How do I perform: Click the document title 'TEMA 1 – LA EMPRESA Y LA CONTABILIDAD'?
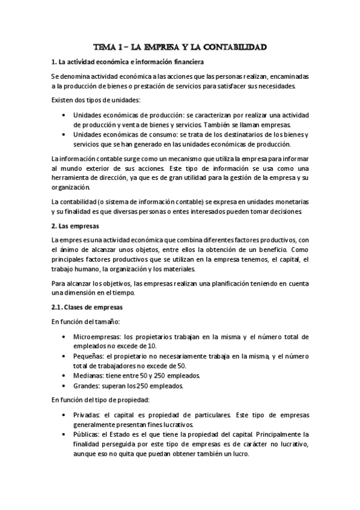pos(180,46)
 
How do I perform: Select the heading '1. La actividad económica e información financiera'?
pos(127,62)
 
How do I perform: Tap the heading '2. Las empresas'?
pos(75,226)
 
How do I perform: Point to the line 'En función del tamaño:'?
pos(85,322)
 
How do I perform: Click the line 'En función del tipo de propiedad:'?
pos(102,400)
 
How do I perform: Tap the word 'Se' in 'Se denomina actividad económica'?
pos(55,76)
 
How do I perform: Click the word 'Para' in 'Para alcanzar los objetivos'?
pos(59,283)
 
